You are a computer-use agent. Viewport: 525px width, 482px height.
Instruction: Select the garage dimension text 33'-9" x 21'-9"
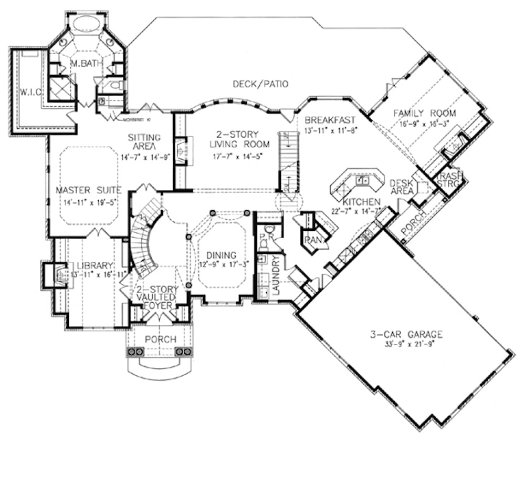pyautogui.click(x=405, y=345)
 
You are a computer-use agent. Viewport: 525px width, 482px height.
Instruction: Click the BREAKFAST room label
pyautogui.click(x=330, y=119)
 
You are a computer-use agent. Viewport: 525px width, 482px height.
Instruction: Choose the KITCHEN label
pyautogui.click(x=362, y=202)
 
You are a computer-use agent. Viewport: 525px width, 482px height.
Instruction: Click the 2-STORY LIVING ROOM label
pyautogui.click(x=239, y=139)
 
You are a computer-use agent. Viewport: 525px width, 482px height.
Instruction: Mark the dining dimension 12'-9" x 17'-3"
pyautogui.click(x=220, y=264)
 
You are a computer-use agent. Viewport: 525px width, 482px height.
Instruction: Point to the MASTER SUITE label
pyautogui.click(x=89, y=190)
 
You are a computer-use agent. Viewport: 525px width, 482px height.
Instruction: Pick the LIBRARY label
pyautogui.click(x=94, y=265)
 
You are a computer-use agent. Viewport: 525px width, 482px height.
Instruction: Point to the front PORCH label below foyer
pyautogui.click(x=161, y=339)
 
